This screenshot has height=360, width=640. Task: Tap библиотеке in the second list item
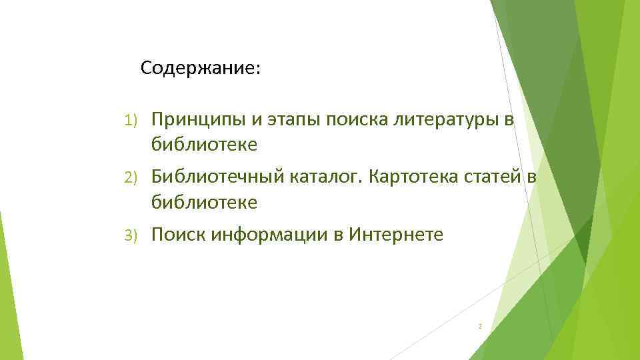click(204, 202)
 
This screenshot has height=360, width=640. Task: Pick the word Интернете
click(395, 235)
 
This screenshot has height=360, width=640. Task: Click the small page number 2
click(480, 327)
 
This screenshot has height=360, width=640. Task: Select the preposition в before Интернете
click(338, 235)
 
